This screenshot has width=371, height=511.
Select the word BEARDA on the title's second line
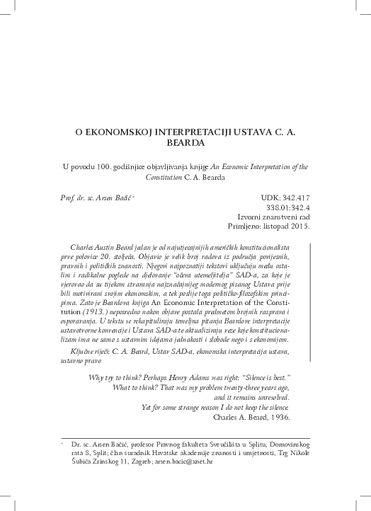point(185,142)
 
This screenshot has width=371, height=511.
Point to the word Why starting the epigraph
point(96,378)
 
